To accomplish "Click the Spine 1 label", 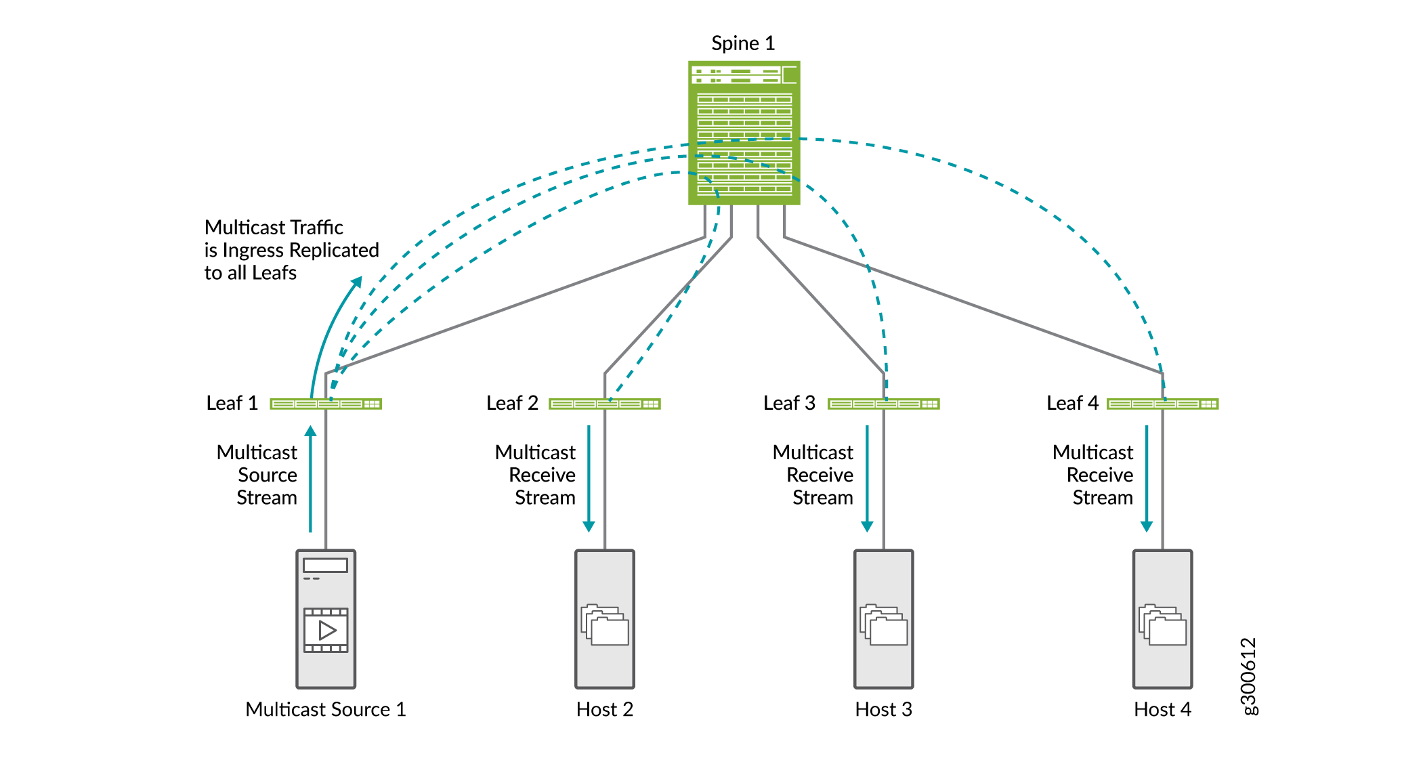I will click(x=742, y=43).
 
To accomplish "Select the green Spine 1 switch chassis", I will click(x=744, y=133).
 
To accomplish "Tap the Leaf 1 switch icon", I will click(x=326, y=404).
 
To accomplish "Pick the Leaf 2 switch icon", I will click(x=605, y=404).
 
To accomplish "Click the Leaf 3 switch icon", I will click(x=884, y=404).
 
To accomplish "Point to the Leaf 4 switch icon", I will click(x=1162, y=404).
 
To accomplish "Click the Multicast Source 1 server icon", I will click(x=326, y=619).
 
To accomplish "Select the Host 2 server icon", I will click(x=605, y=619).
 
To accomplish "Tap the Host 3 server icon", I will click(x=884, y=619).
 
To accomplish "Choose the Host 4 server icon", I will click(x=1162, y=619).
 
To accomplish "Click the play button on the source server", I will click(x=326, y=631).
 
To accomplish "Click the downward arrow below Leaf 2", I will click(x=589, y=478).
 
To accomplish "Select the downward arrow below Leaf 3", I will click(x=867, y=478).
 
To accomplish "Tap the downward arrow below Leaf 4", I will click(x=1147, y=478).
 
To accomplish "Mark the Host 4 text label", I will click(x=1162, y=709).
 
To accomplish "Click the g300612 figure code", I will click(x=1248, y=676).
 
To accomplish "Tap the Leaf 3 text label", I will click(x=789, y=403).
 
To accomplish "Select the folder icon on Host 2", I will click(x=605, y=624).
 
